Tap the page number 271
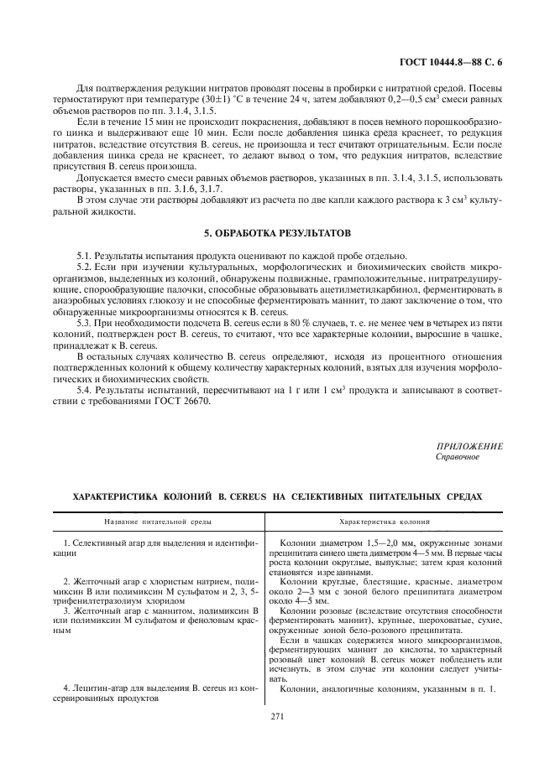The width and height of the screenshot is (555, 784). [278, 716]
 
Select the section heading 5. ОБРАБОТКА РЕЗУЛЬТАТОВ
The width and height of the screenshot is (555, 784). [277, 231]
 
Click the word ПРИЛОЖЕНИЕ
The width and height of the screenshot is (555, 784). [469, 446]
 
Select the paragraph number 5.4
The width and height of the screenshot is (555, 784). [85, 390]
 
